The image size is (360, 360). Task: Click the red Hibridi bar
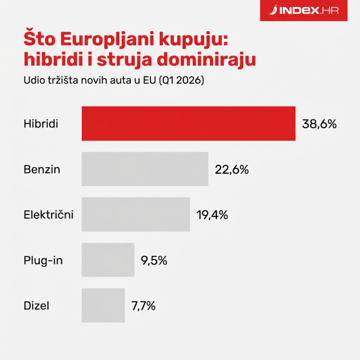coord(188,124)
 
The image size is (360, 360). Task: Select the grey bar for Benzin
coord(145,169)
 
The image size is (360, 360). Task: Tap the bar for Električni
coord(136,215)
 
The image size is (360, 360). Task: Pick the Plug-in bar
coord(108,260)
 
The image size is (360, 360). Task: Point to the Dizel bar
coord(103,305)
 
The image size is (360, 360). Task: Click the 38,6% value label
coord(320,124)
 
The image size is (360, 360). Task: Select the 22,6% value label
coord(232,169)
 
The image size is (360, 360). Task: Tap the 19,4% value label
coord(212,215)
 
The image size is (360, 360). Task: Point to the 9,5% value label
coord(154,260)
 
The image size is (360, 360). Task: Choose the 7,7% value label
coord(143,306)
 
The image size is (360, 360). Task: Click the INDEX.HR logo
coord(306,10)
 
